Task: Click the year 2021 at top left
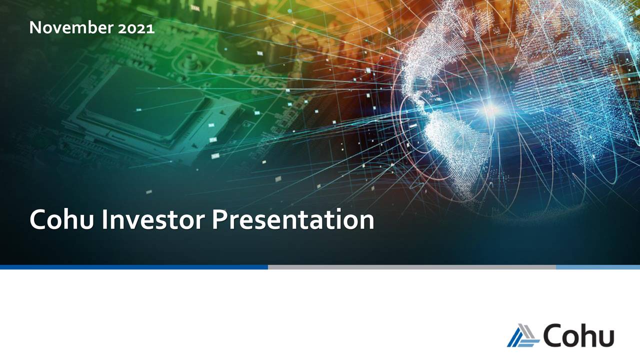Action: click(136, 28)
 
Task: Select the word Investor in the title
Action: click(153, 220)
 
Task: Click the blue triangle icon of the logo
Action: click(522, 335)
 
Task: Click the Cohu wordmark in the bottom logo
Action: click(579, 335)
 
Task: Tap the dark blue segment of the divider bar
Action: click(133, 267)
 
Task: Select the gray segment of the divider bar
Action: click(411, 267)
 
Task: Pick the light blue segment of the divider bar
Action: click(597, 267)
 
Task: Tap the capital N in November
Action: click(35, 28)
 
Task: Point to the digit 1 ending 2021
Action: click(151, 28)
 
